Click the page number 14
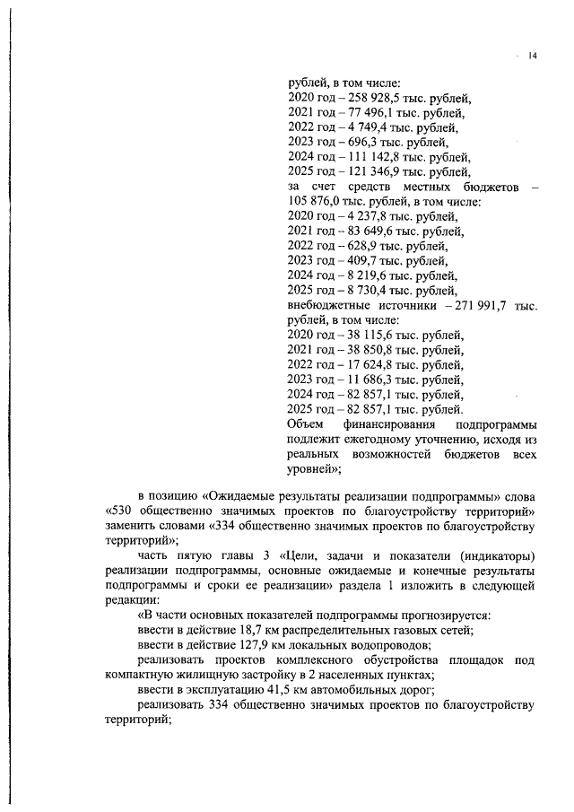tap(532, 57)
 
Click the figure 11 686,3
tap(364, 380)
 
